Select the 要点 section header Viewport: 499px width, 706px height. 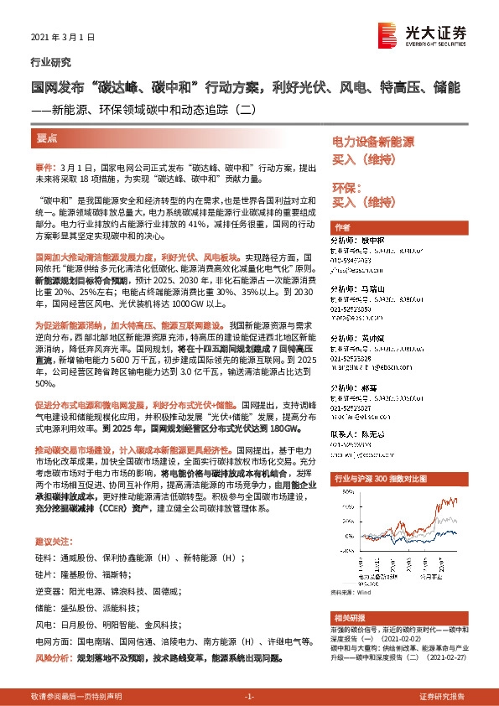coord(47,138)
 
